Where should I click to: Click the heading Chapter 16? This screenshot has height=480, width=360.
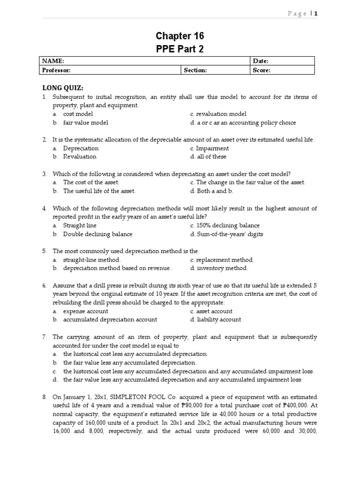(180, 36)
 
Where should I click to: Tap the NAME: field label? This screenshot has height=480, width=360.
(53, 61)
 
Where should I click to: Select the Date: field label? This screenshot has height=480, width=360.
(260, 61)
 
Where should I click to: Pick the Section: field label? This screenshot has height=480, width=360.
(195, 70)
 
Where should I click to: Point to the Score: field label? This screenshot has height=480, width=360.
(262, 70)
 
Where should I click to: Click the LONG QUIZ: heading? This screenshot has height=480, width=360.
(63, 88)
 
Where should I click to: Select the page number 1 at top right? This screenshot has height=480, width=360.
(316, 14)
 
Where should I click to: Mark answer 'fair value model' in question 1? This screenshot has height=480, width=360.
(85, 123)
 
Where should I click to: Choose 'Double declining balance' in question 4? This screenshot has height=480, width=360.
(97, 234)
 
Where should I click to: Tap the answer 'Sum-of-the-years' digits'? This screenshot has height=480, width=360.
(229, 234)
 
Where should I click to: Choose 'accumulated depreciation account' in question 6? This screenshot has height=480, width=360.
(110, 320)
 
